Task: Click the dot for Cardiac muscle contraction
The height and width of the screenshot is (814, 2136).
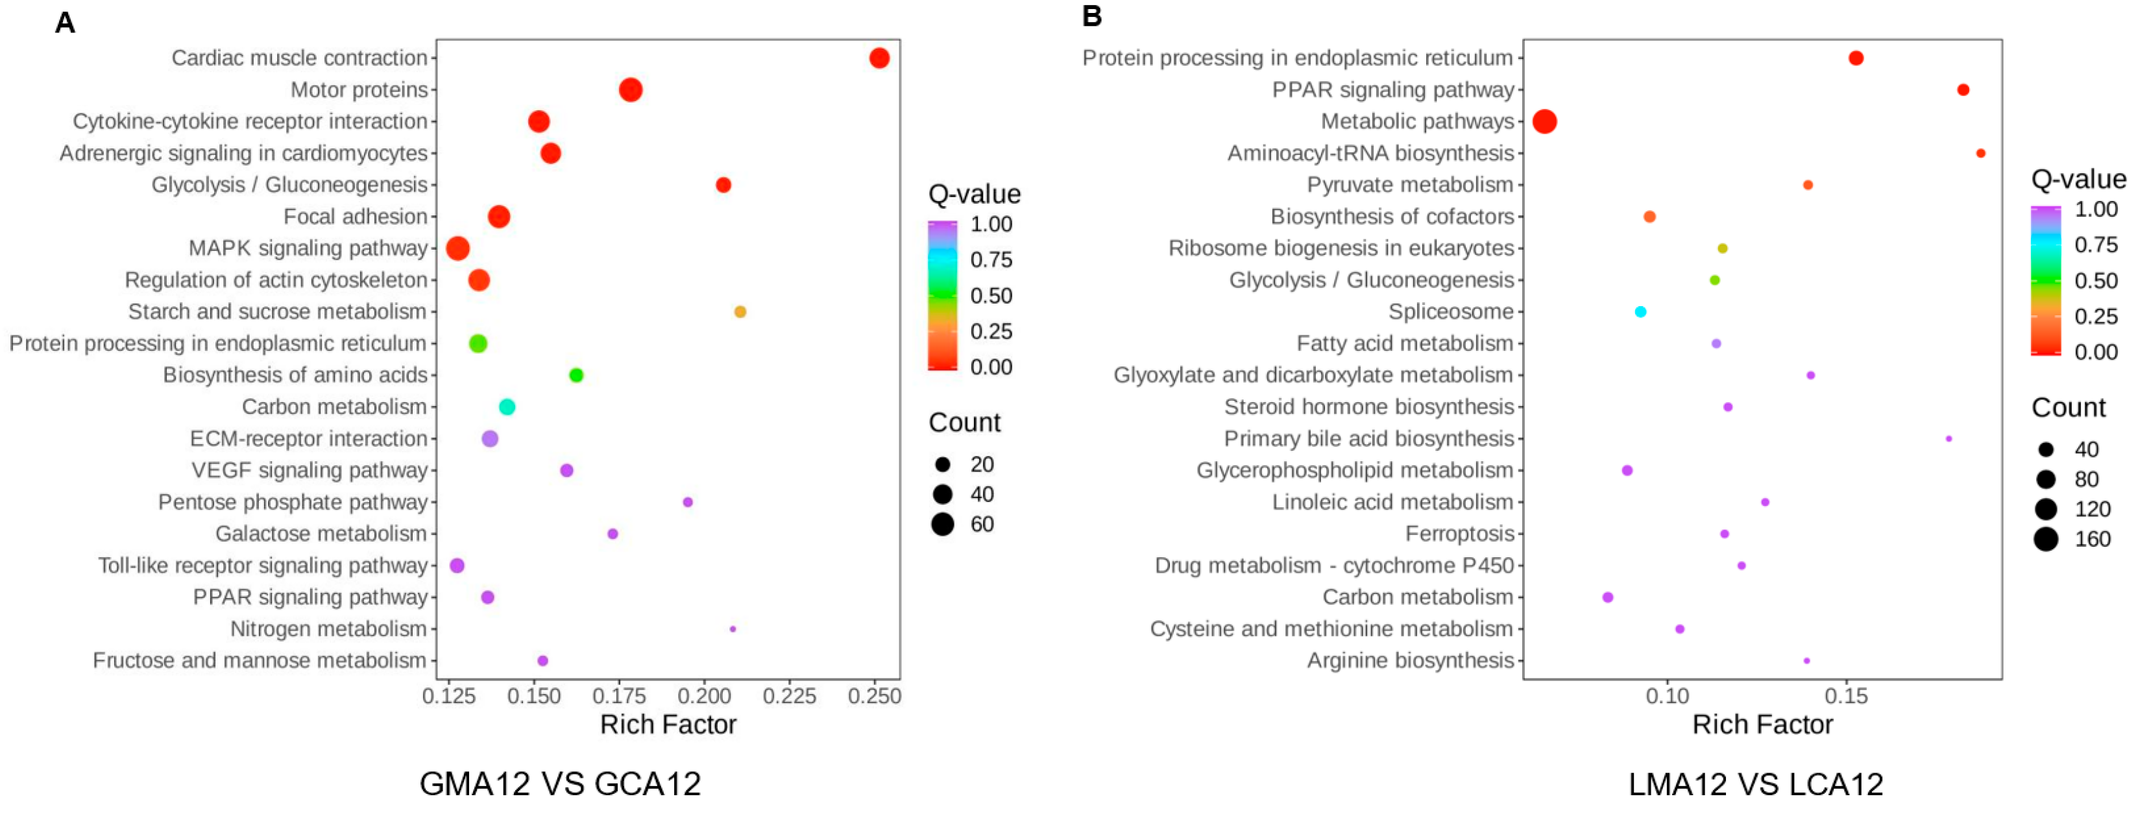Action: tap(879, 58)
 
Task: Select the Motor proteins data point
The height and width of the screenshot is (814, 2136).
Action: tap(630, 90)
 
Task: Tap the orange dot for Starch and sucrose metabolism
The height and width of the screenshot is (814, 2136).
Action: tap(740, 312)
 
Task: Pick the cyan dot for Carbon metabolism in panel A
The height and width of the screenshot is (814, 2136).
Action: tap(507, 407)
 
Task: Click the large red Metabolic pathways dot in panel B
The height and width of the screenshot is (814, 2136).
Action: tap(1544, 122)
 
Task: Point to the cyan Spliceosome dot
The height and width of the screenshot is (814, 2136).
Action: tap(1640, 312)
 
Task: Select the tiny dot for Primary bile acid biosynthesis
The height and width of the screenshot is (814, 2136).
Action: tap(1948, 438)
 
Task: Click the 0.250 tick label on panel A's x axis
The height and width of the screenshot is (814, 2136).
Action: tap(874, 697)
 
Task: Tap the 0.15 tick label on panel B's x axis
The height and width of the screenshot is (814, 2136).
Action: tap(1847, 697)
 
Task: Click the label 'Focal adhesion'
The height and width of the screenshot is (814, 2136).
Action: tap(355, 217)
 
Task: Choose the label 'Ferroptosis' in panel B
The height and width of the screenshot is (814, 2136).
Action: tap(1459, 534)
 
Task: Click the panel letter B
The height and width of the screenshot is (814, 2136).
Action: tap(1092, 17)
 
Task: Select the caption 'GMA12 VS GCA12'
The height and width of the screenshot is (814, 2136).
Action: tap(560, 784)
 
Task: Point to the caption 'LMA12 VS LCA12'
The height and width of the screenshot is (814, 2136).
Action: tap(1755, 784)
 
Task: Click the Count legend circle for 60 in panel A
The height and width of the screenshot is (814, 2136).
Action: tap(942, 524)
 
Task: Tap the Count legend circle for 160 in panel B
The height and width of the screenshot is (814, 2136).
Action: tap(2046, 539)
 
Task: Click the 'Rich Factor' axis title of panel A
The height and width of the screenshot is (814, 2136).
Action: tap(668, 724)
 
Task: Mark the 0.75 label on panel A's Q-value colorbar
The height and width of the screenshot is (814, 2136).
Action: tap(991, 259)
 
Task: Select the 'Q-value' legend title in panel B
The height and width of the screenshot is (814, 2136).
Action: tap(2078, 179)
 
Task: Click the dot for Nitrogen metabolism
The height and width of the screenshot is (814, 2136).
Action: tap(732, 629)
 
